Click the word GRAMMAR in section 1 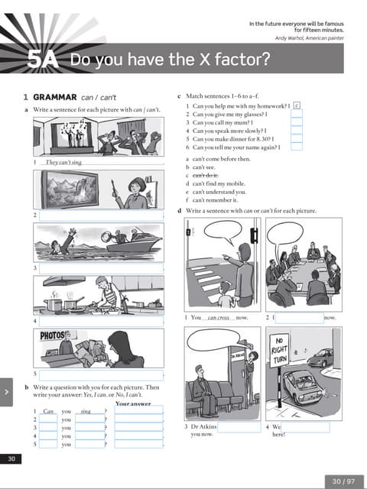coord(56,97)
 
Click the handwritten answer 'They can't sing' coord(63,163)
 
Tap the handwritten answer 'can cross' coord(219,316)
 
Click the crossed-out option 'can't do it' coord(208,176)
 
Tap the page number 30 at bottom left coord(11,458)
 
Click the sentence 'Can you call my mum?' coord(219,122)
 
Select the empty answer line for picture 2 coord(101,216)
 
